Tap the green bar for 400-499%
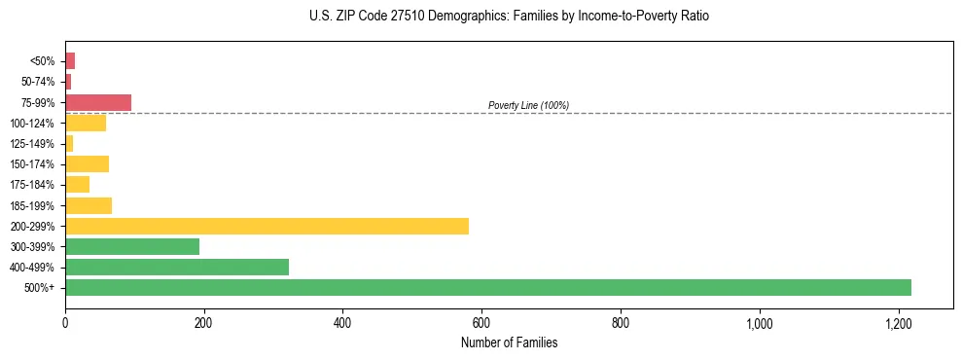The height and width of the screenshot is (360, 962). [177, 268]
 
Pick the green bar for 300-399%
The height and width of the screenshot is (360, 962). [132, 247]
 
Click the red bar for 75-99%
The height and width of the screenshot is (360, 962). [98, 102]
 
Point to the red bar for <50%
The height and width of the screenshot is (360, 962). [70, 61]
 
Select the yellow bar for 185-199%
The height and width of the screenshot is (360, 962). [89, 205]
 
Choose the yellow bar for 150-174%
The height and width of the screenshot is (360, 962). [87, 164]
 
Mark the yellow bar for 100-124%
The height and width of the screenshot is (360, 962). [86, 123]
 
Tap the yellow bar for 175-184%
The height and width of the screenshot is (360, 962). [77, 185]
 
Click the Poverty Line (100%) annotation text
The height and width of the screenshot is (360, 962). [528, 105]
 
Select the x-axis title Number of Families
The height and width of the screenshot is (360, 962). [509, 342]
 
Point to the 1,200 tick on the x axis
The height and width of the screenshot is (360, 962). [898, 323]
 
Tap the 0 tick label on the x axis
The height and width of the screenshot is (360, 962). [65, 323]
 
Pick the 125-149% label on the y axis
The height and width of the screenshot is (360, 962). [32, 144]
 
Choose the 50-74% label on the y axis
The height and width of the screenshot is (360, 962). [37, 82]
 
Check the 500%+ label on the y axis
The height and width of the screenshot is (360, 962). [40, 288]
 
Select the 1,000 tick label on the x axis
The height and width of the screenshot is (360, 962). [759, 323]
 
